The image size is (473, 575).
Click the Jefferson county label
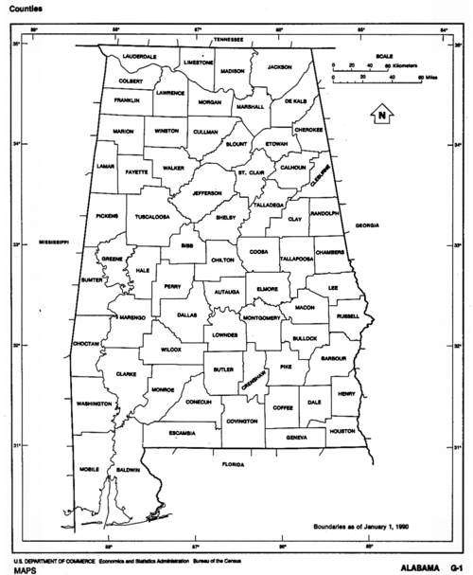207,193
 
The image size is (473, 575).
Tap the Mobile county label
90,469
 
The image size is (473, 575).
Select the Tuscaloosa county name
151,217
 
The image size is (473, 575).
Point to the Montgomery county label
262,317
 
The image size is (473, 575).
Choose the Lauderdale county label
139,57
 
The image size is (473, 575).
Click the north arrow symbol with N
380,116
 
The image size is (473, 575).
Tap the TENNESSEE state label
228,40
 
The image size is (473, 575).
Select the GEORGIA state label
367,225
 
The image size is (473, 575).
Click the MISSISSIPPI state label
54,243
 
